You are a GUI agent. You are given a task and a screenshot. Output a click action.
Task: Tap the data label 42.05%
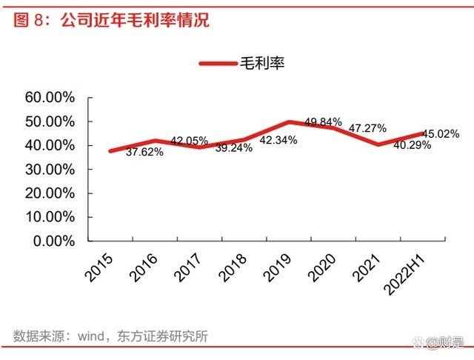pos(189,141)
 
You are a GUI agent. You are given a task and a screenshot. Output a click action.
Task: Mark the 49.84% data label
pos(323,121)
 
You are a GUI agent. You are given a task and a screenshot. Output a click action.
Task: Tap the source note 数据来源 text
pos(110,336)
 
